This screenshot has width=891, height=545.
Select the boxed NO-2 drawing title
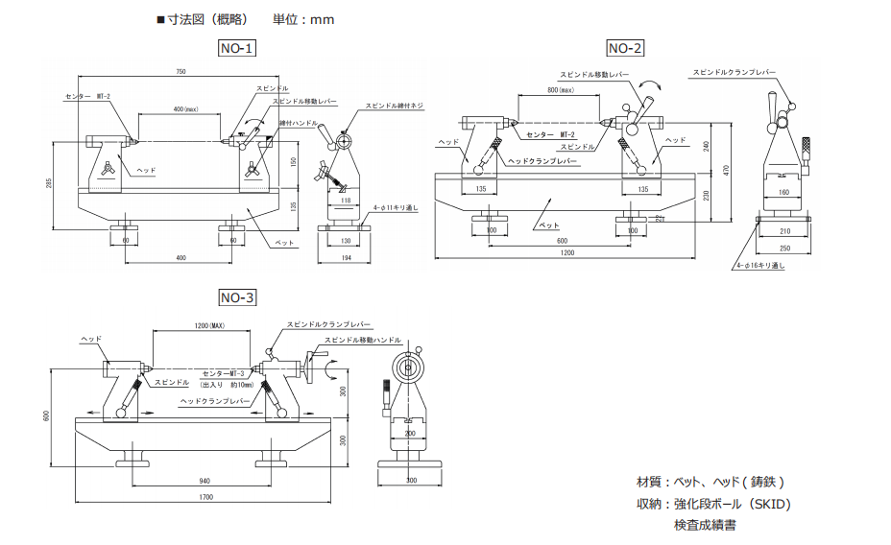coord(625,48)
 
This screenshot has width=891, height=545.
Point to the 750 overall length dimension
coord(180,72)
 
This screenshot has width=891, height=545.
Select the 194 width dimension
coord(344,259)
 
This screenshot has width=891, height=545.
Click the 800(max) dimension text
coord(559,90)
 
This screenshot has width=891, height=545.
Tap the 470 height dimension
coord(728,169)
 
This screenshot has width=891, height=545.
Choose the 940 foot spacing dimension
coord(204,481)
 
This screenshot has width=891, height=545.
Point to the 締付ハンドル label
coord(299,123)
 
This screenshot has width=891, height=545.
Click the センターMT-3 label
coord(225,371)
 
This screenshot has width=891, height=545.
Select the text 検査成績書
coord(705,525)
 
